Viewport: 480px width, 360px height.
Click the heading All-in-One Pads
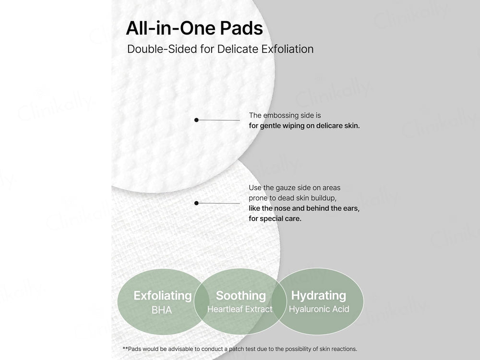(x=194, y=28)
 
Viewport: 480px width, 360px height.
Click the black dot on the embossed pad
(x=196, y=120)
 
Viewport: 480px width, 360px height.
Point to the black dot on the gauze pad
(x=196, y=203)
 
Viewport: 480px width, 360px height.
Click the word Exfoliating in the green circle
(x=162, y=295)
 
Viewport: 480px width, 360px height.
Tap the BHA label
(x=161, y=310)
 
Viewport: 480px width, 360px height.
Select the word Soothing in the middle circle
(x=240, y=295)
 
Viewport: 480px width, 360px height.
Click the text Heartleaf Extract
(x=240, y=310)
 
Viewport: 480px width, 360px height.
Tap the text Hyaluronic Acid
(x=319, y=309)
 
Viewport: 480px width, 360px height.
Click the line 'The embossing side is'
(x=284, y=116)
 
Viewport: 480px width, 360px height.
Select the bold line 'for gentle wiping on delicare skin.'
(x=304, y=126)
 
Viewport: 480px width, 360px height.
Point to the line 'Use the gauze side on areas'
(x=294, y=188)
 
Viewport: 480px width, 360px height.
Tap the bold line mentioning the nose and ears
(x=304, y=208)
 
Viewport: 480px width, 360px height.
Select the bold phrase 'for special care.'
(x=275, y=219)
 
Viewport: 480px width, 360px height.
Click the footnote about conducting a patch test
(x=240, y=349)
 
